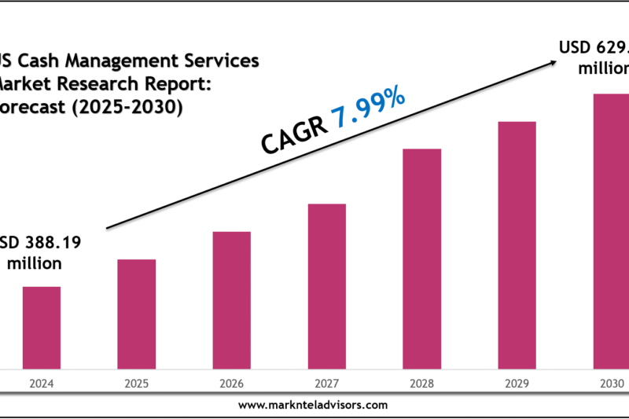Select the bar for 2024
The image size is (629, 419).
(x=41, y=327)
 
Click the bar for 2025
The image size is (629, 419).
(x=136, y=314)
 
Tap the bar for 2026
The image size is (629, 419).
(x=231, y=300)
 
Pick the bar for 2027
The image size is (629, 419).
(x=326, y=285)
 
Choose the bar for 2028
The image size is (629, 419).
(x=421, y=258)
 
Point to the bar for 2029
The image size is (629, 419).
(x=517, y=244)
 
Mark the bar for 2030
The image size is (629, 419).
(x=611, y=230)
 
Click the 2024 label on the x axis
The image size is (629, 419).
(x=41, y=384)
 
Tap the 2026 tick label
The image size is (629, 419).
(x=231, y=384)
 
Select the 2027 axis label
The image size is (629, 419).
(x=326, y=384)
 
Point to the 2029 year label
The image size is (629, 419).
(x=517, y=384)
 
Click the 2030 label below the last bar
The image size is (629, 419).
(x=611, y=384)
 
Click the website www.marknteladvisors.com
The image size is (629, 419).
(x=313, y=405)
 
